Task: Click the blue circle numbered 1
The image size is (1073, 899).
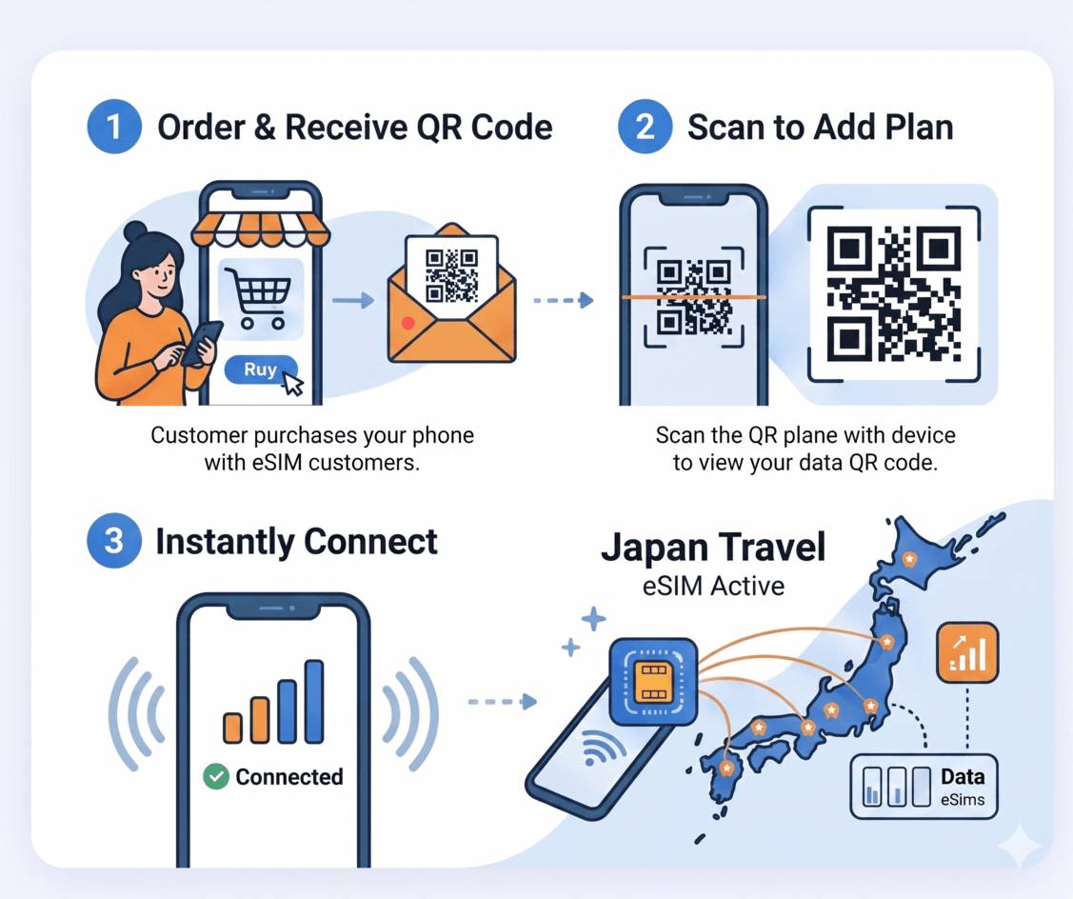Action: (114, 127)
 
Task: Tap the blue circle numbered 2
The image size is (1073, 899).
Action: (645, 127)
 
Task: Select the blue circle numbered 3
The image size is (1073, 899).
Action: (114, 541)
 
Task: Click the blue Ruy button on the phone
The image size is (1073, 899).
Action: (261, 370)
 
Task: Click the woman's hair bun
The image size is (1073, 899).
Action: (135, 230)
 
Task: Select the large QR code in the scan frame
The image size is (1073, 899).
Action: (894, 294)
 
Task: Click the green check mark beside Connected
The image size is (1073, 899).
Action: (216, 776)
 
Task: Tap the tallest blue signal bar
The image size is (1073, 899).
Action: (314, 701)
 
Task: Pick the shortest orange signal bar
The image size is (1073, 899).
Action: (232, 728)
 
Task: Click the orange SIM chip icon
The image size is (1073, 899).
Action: (652, 682)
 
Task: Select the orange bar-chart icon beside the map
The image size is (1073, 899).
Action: (967, 652)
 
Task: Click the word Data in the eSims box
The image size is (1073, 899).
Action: (963, 776)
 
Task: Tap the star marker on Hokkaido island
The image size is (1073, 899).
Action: (908, 559)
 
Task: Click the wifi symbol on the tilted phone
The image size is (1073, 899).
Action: (598, 748)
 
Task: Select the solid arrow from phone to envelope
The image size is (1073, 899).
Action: (353, 300)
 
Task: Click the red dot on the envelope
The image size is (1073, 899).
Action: (407, 323)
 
